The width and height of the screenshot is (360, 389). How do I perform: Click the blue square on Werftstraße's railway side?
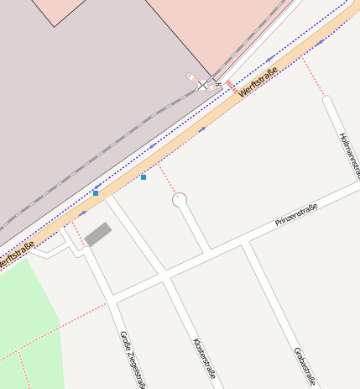click(x=96, y=193)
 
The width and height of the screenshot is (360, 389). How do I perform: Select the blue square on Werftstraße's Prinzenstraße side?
click(x=143, y=177)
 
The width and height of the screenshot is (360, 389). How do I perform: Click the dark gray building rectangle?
click(x=98, y=234)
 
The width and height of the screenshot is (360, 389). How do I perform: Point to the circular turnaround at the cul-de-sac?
click(x=179, y=200)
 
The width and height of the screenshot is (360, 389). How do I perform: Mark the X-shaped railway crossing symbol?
click(x=202, y=85)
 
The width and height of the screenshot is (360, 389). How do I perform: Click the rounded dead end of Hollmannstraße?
click(x=327, y=101)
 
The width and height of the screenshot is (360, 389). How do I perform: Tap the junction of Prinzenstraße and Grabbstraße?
click(x=244, y=244)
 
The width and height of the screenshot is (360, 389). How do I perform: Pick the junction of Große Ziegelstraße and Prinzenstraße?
click(x=112, y=298)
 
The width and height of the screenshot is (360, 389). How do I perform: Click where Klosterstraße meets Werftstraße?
click(x=107, y=197)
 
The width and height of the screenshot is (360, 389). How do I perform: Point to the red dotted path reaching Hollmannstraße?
click(x=314, y=76)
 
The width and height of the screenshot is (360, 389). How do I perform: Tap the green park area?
click(x=25, y=319)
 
